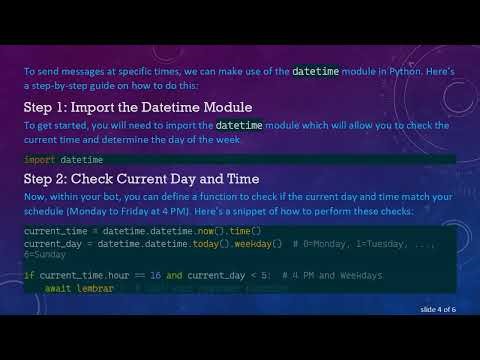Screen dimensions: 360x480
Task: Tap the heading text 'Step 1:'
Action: pos(50,107)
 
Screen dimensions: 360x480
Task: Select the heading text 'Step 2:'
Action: pos(51,179)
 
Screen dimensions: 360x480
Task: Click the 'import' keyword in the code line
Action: pos(40,160)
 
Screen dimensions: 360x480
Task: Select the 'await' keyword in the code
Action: pos(58,288)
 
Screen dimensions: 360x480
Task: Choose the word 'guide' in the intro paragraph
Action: pos(95,87)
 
